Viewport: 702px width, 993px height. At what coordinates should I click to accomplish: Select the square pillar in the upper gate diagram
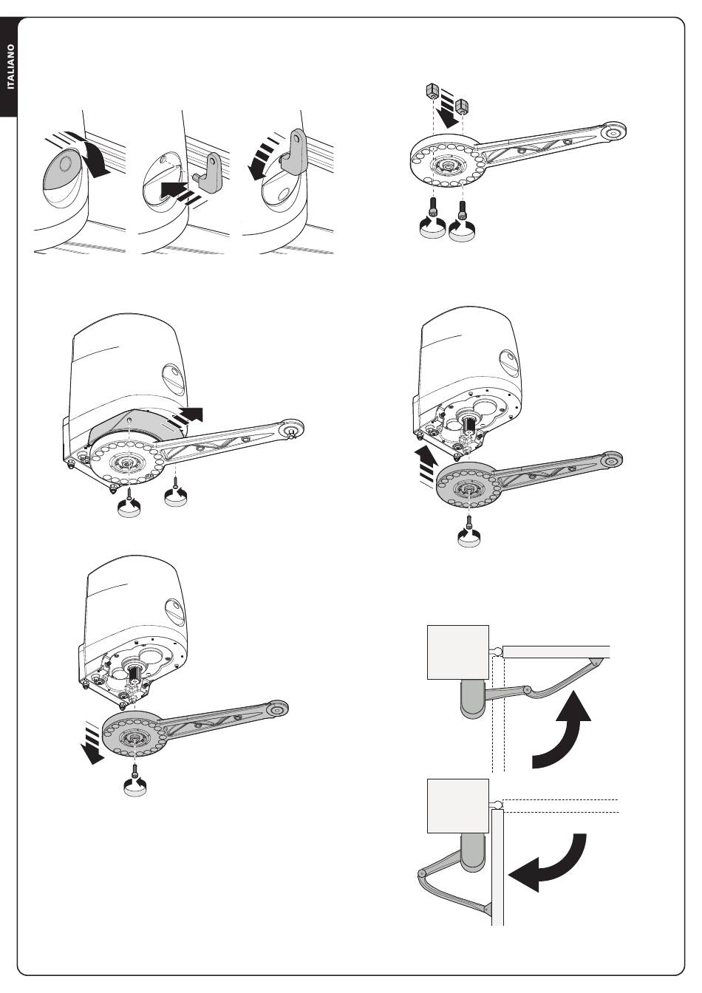pyautogui.click(x=457, y=651)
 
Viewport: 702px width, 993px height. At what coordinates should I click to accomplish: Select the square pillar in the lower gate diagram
pyautogui.click(x=457, y=805)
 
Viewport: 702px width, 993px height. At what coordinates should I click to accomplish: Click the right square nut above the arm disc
pyautogui.click(x=462, y=106)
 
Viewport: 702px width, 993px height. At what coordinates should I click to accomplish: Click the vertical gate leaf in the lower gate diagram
pyautogui.click(x=497, y=864)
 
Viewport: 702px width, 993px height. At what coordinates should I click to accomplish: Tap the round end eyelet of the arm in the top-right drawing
pyautogui.click(x=612, y=133)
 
